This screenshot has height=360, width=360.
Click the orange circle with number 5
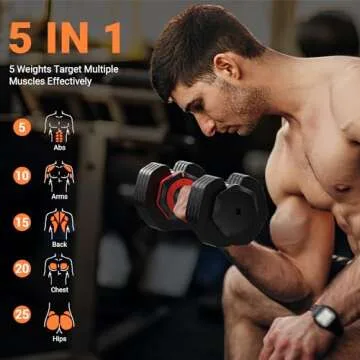[20, 127]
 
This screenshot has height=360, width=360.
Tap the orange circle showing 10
[20, 175]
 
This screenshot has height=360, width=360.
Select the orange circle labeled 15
[20, 222]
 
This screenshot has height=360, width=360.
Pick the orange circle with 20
[20, 269]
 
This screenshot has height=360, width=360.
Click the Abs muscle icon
[59, 125]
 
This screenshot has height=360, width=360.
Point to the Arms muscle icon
[59, 172]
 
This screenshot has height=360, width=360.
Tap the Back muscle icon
[59, 219]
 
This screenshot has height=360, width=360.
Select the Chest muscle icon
[59, 267]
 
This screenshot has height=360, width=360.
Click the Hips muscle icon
[59, 317]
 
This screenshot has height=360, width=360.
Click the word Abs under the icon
[59, 147]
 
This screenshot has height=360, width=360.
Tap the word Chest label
[59, 289]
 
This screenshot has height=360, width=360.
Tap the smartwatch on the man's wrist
[325, 321]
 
